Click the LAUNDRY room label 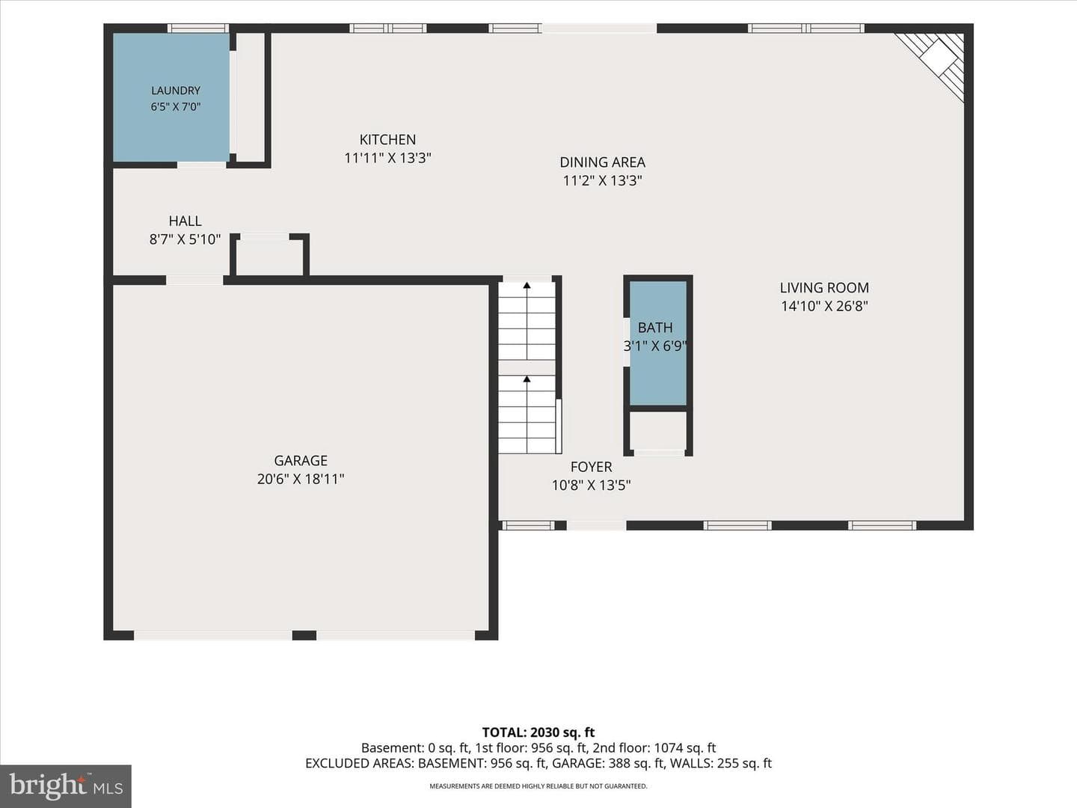176,91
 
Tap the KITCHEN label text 387,140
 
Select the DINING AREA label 603,162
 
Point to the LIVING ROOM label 824,288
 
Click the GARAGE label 301,461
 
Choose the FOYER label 592,467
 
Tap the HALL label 185,221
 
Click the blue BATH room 658,343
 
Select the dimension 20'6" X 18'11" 301,480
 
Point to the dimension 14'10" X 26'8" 824,306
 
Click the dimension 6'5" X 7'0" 176,107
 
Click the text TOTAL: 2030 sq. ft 538,732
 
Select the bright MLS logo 66,786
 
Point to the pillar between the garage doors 304,636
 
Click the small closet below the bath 658,430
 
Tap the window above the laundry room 198,28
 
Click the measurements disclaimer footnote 538,786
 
